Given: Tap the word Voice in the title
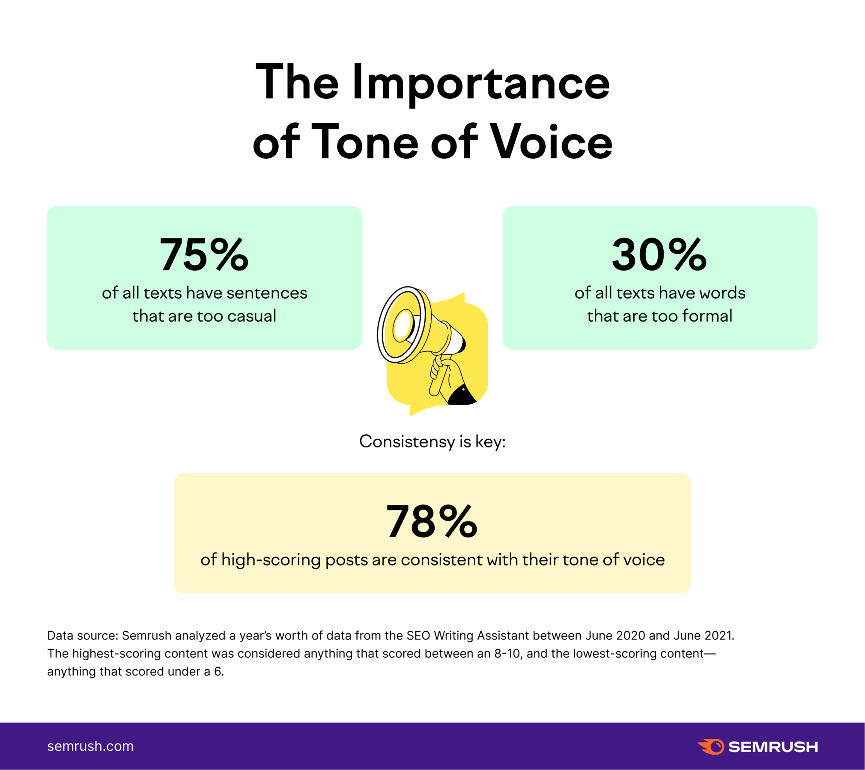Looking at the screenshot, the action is point(551,142).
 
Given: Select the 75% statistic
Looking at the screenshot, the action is point(204,255).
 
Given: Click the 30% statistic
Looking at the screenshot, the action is point(659,255).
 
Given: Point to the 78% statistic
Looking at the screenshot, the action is point(432,521).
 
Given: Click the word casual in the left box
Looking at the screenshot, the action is point(252,316).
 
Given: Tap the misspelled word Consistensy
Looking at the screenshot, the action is point(407,441).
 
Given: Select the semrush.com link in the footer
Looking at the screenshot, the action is point(90,746).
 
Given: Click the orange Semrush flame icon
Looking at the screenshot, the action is point(711,746).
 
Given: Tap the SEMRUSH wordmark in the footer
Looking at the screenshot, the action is point(773,747).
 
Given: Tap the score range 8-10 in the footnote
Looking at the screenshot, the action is point(508,653).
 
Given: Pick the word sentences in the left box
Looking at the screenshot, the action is point(267,293).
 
